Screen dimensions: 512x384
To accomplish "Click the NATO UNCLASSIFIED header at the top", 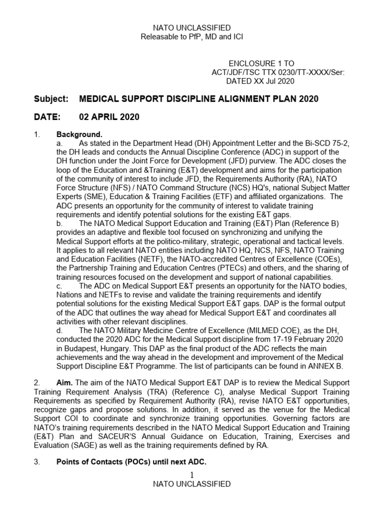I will click(191, 28).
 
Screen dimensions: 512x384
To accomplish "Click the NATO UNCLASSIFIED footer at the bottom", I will click(191, 483).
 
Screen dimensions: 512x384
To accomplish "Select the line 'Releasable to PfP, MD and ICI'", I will click(191, 37).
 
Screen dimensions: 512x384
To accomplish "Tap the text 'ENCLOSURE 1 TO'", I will click(261, 63).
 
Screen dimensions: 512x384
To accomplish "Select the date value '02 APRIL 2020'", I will click(109, 117).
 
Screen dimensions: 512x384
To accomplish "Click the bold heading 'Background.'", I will click(79, 134).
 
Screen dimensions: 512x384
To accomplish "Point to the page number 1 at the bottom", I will click(192, 474).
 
